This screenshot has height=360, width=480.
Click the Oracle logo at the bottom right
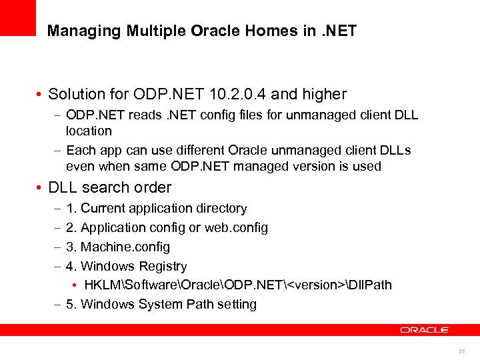click(x=425, y=329)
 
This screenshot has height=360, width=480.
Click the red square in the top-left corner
click(x=17, y=17)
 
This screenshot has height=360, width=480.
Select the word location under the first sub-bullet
click(x=89, y=131)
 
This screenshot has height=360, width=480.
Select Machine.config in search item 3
click(x=125, y=247)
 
